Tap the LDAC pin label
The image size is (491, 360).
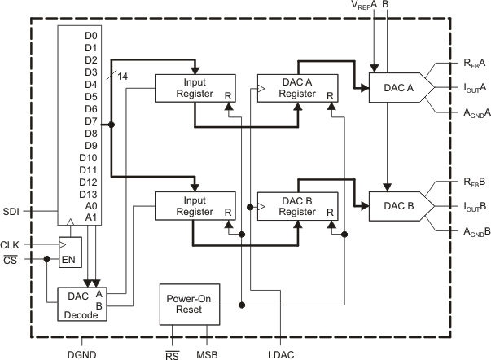pyautogui.click(x=280, y=354)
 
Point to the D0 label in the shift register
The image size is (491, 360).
pyautogui.click(x=90, y=36)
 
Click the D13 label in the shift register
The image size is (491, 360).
pyautogui.click(x=88, y=194)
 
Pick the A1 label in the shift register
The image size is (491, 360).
pyautogui.click(x=90, y=218)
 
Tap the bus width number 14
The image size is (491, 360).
pyautogui.click(x=123, y=75)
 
